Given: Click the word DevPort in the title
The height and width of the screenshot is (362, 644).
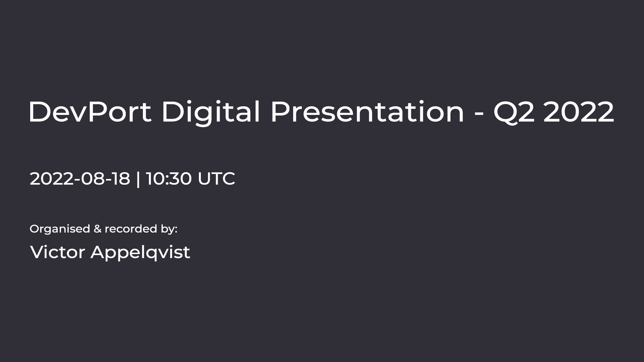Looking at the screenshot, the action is tap(90, 112).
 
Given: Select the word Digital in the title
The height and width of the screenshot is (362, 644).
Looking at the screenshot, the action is tap(211, 113).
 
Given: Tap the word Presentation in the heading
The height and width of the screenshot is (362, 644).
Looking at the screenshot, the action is tap(367, 112).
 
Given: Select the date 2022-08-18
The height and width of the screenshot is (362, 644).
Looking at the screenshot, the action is tap(80, 179).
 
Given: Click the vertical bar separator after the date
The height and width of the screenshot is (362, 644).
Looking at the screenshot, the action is tap(138, 179).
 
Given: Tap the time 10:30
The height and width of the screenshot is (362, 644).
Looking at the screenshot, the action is tap(169, 179).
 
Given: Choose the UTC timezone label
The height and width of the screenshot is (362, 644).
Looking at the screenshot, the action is tap(216, 179).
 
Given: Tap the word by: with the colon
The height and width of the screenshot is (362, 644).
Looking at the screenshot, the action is tap(169, 230).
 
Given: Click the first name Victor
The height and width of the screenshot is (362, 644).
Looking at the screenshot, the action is tap(57, 252).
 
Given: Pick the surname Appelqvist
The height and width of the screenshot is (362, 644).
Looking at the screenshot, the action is tap(140, 253).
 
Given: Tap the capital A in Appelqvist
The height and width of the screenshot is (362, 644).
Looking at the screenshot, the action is tap(98, 252).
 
